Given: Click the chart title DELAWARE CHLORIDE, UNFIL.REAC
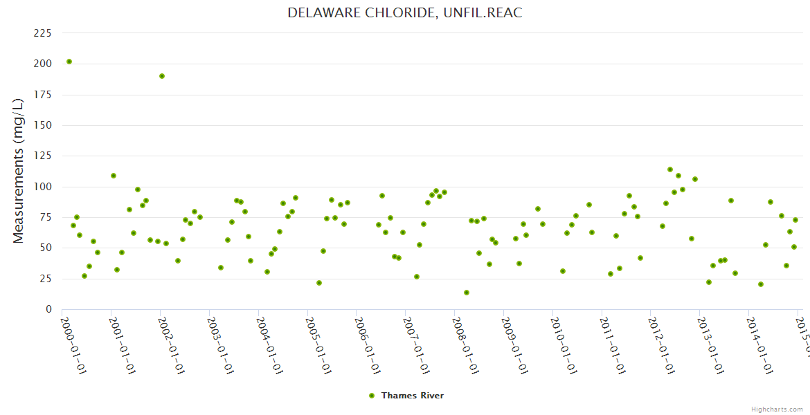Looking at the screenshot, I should (x=404, y=12).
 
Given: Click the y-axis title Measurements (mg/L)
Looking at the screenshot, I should (x=19, y=170).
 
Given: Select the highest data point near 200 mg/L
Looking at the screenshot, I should (x=69, y=62).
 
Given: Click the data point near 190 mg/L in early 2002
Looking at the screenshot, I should (x=162, y=76).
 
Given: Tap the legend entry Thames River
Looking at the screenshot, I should (x=412, y=396).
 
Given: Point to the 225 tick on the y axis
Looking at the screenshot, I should (x=42, y=33).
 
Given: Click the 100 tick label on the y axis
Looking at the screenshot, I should (x=42, y=187).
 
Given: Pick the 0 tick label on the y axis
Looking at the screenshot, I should (x=48, y=309).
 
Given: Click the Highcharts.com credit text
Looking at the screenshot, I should (x=777, y=409).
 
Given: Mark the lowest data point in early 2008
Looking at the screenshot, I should (x=467, y=293).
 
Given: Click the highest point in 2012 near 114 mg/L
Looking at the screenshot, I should (x=670, y=169).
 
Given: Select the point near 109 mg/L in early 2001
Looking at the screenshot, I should (x=114, y=176).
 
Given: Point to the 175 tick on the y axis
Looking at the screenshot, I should (x=42, y=95).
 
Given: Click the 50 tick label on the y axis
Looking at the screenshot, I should (x=45, y=248).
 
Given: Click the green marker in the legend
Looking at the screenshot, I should (x=372, y=396).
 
